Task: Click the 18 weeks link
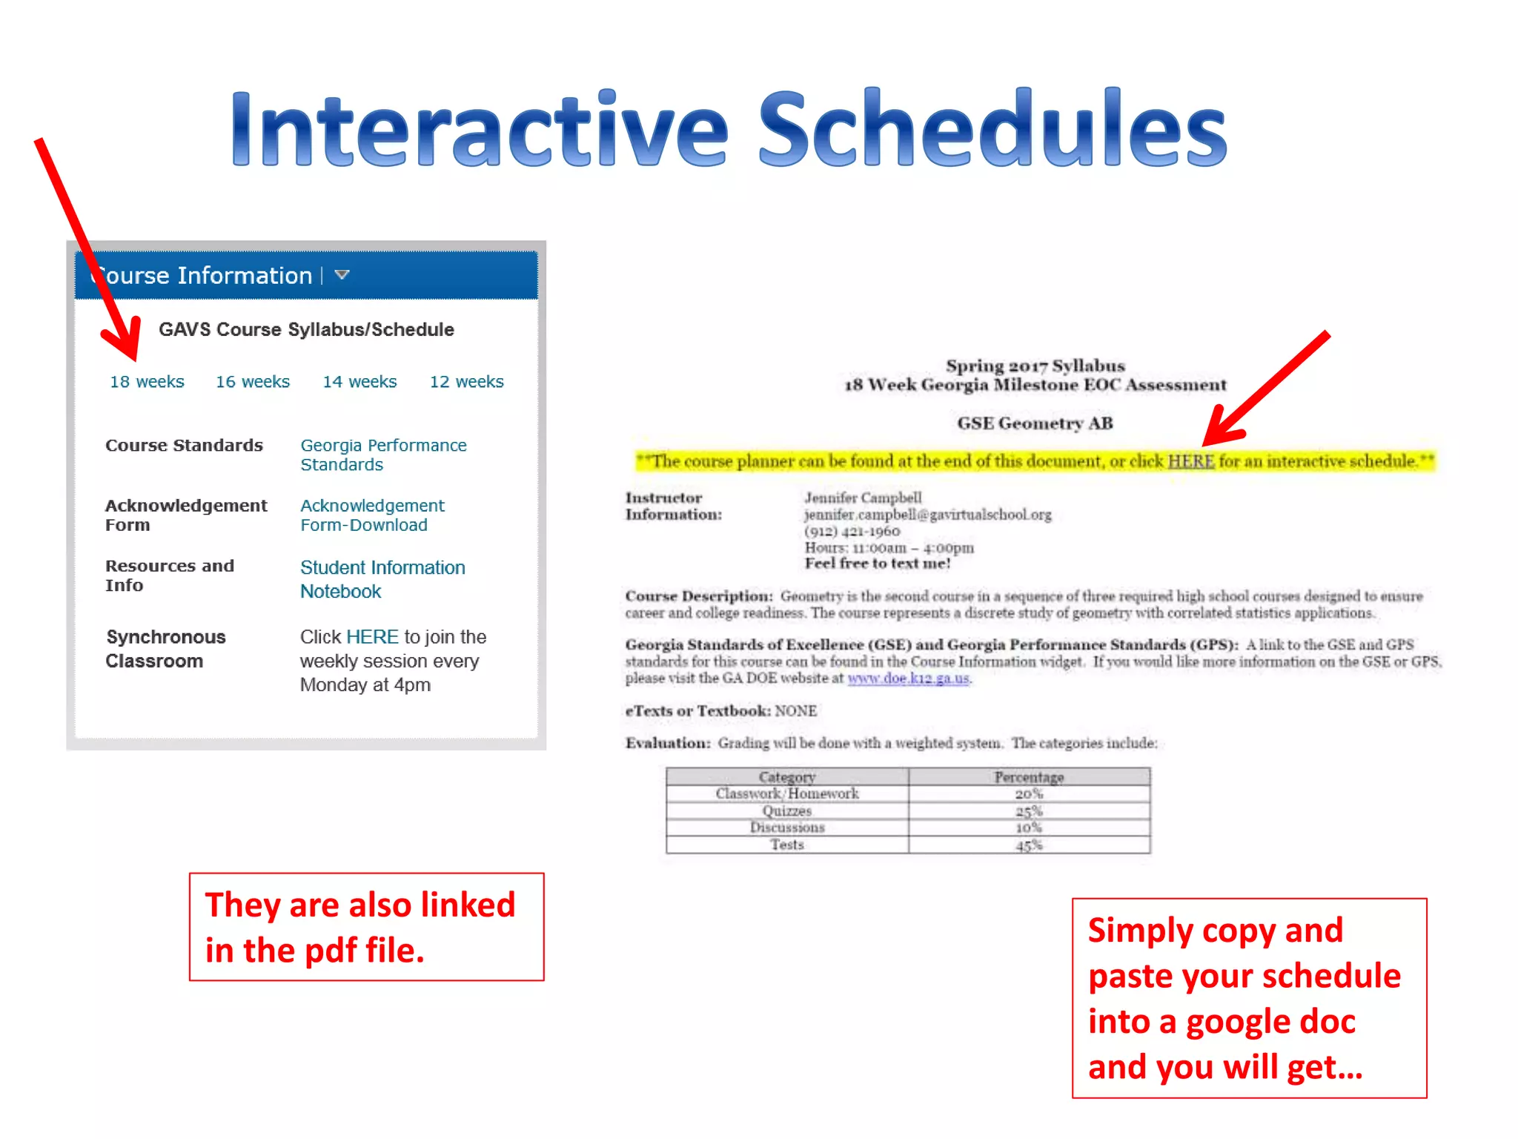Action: point(147,382)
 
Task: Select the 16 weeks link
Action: point(253,382)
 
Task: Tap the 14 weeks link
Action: point(359,382)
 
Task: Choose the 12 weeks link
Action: point(466,382)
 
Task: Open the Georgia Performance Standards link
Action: point(382,455)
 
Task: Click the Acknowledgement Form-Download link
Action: point(372,515)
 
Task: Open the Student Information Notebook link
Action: point(382,579)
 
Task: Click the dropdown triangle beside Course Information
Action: point(342,275)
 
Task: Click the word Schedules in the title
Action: point(992,130)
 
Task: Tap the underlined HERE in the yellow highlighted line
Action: point(1190,461)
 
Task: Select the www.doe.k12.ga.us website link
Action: point(908,679)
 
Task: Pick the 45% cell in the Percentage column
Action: point(1029,845)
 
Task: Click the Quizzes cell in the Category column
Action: point(787,810)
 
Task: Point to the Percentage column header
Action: point(1029,776)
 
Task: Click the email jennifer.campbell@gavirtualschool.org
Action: point(927,515)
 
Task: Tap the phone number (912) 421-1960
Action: point(852,532)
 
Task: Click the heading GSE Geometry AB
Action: point(1035,423)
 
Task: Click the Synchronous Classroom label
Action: point(165,649)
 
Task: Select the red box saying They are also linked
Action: point(366,927)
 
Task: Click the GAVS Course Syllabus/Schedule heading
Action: point(306,330)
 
